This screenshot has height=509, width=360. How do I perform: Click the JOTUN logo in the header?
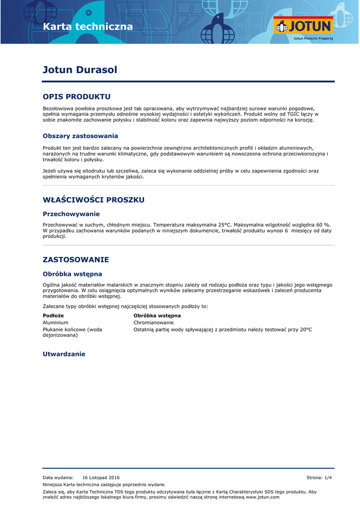(x=303, y=26)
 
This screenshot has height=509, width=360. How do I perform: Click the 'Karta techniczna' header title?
(x=88, y=26)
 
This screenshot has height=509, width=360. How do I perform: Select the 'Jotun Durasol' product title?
(x=80, y=70)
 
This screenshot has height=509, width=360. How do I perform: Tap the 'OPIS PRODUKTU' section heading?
(x=77, y=96)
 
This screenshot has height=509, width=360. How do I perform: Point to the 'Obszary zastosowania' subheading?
(x=80, y=136)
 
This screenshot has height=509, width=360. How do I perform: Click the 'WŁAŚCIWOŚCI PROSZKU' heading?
(x=93, y=200)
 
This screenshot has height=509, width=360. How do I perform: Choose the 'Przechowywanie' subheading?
(x=71, y=214)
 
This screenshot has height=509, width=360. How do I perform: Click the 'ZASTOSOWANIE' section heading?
(x=76, y=259)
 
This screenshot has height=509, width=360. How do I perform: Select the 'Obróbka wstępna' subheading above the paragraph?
(x=72, y=273)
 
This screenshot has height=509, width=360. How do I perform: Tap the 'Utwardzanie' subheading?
(x=64, y=354)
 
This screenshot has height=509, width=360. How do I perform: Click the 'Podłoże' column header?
(x=53, y=316)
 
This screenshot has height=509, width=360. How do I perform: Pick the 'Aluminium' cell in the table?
(x=56, y=323)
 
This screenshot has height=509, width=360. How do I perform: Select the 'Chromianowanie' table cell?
(x=154, y=323)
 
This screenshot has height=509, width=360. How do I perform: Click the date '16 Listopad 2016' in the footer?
(x=101, y=477)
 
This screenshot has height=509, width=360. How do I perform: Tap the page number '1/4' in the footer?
(x=328, y=477)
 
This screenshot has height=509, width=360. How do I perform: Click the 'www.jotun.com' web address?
(x=263, y=497)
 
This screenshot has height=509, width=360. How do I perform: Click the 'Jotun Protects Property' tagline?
(x=313, y=38)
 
